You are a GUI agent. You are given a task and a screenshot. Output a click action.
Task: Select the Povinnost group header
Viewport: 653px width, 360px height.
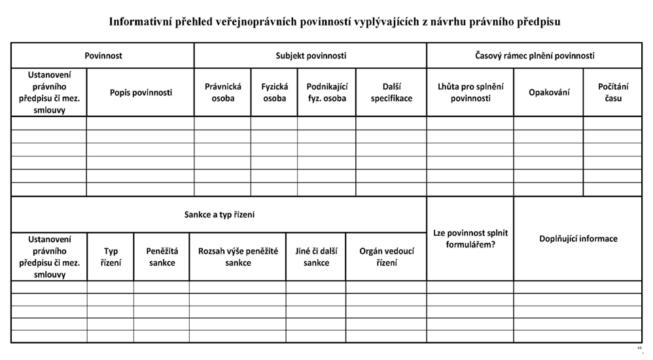pyautogui.click(x=103, y=56)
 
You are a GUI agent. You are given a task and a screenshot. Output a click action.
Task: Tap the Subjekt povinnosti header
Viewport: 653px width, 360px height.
pyautogui.click(x=311, y=56)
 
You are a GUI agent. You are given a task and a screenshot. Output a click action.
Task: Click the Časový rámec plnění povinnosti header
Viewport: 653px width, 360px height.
pyautogui.click(x=535, y=56)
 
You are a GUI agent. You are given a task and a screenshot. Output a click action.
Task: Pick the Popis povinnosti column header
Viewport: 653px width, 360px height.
pyautogui.click(x=141, y=92)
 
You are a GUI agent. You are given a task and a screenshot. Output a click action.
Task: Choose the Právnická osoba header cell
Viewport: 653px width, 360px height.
pyautogui.click(x=223, y=92)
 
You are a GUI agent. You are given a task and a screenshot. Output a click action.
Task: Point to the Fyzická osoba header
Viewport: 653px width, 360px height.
pyautogui.click(x=274, y=92)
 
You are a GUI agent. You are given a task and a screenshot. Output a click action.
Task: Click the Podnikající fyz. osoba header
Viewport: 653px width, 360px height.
pyautogui.click(x=326, y=92)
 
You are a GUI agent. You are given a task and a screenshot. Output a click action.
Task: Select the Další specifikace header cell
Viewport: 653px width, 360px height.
pyautogui.click(x=391, y=92)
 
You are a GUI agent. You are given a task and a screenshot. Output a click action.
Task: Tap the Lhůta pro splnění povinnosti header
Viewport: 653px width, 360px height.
pyautogui.click(x=470, y=92)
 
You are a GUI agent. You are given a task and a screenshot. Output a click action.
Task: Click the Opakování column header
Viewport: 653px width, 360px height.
pyautogui.click(x=549, y=92)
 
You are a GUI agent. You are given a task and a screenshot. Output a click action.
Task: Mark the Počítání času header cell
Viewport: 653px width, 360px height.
pyautogui.click(x=613, y=92)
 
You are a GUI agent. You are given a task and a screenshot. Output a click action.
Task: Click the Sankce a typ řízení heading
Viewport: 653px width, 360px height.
pyautogui.click(x=219, y=215)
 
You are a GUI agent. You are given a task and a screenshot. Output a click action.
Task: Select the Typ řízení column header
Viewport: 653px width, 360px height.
pyautogui.click(x=111, y=257)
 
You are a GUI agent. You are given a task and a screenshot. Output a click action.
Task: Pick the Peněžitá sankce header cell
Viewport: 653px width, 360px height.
pyautogui.click(x=162, y=257)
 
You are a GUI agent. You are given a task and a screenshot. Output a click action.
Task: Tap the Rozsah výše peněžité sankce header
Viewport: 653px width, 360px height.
pyautogui.click(x=238, y=257)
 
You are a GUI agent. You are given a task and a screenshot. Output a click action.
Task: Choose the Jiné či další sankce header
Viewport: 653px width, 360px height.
pyautogui.click(x=316, y=257)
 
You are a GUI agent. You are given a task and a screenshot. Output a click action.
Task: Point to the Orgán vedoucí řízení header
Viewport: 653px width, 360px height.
pyautogui.click(x=386, y=257)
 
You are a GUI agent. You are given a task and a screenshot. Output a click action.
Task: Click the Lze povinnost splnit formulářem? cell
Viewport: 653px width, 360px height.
pyautogui.click(x=470, y=239)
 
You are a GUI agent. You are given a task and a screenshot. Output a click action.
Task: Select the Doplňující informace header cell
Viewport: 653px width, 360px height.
pyautogui.click(x=578, y=239)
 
